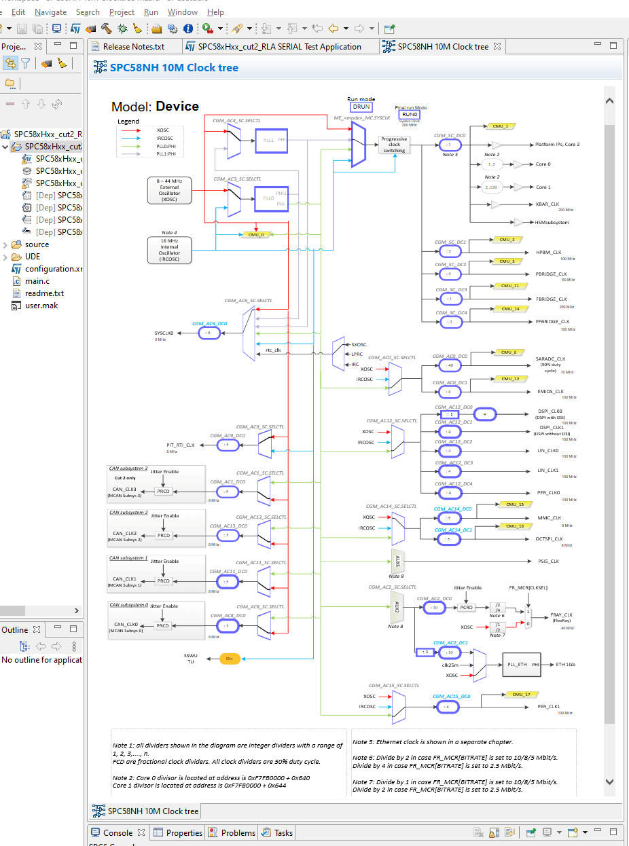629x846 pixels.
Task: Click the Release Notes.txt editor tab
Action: tap(133, 47)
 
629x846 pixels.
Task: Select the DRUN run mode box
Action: tap(361, 107)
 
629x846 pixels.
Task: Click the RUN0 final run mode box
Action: tap(410, 115)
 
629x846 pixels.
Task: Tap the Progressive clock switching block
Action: tap(394, 145)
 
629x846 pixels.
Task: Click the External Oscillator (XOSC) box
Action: tap(169, 190)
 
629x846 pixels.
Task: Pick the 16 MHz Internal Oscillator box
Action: tap(169, 250)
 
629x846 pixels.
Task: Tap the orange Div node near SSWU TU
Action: tap(230, 659)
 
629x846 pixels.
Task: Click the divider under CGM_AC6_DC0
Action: tap(209, 333)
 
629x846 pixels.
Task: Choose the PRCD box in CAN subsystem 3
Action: tap(164, 491)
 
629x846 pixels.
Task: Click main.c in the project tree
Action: tap(37, 281)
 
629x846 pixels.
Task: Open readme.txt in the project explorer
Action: tap(44, 293)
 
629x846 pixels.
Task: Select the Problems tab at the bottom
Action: tap(238, 832)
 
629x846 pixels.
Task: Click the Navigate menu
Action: tap(50, 12)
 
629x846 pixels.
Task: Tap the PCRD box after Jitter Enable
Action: tap(465, 608)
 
